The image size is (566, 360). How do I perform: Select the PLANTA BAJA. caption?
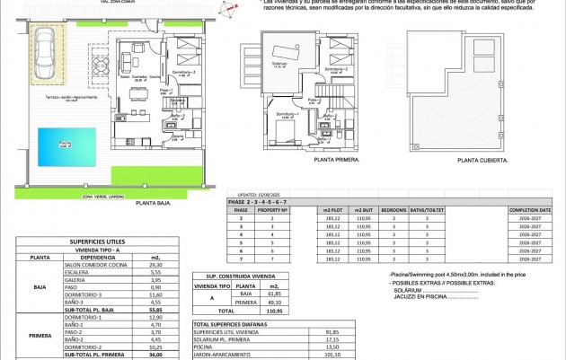point(154,204)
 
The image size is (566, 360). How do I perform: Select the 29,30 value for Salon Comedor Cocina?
point(154,265)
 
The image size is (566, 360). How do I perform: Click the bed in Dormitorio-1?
point(292,134)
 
